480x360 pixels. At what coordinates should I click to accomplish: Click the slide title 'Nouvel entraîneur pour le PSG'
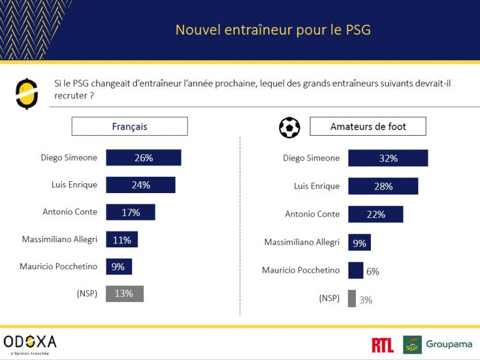[x=273, y=30]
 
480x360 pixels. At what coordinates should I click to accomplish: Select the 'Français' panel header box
[x=130, y=126]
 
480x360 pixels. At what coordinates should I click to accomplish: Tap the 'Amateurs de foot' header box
[x=368, y=126]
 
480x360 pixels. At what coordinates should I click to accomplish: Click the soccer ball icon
[x=289, y=127]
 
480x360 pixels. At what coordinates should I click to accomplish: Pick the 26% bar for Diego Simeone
[x=143, y=158]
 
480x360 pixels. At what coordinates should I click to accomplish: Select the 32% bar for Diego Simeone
[x=388, y=158]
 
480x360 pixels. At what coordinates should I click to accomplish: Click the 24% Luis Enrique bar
[x=140, y=185]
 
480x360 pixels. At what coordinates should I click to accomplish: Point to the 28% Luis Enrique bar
[x=383, y=186]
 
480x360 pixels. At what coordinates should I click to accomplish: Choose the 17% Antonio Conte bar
[x=130, y=212]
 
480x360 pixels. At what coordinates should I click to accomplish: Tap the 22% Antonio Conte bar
[x=375, y=214]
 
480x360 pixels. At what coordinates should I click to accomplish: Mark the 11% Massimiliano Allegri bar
[x=122, y=240]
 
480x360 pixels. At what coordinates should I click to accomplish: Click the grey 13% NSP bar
[x=125, y=293]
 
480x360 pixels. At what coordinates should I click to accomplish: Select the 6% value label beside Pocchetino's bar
[x=373, y=271]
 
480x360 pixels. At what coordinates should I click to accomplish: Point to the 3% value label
[x=365, y=300]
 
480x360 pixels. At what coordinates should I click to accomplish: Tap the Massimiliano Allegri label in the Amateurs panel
[x=302, y=242]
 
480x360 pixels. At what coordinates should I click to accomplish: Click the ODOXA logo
[x=30, y=342]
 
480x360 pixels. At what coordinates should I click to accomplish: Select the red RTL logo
[x=382, y=345]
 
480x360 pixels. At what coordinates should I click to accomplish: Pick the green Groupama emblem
[x=412, y=344]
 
